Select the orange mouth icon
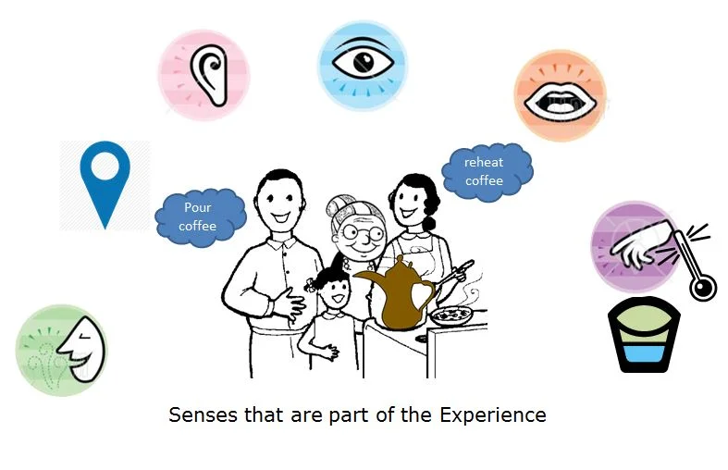560,95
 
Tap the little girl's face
333,295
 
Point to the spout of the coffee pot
362,278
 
